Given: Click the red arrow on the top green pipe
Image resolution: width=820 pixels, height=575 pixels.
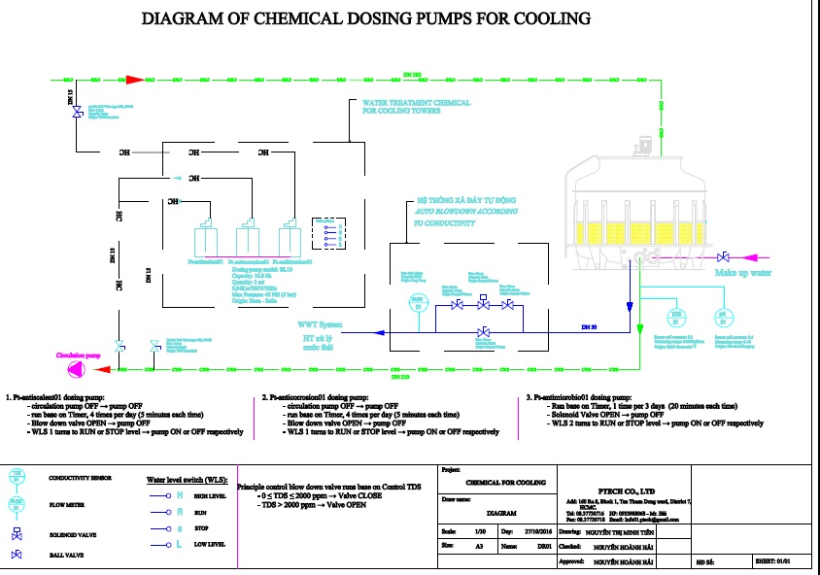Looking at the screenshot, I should coord(136,79).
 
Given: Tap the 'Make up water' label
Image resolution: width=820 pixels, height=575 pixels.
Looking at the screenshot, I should coord(743,273).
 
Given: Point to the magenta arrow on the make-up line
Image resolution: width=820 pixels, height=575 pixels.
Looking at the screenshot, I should coord(754,257).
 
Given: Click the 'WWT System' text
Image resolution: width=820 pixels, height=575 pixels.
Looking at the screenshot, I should coord(320,323).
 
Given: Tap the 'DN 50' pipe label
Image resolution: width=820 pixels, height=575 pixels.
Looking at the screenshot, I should coord(589,323).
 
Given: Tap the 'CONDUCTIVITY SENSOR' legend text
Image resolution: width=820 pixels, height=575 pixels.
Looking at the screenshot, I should coord(84,477).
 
